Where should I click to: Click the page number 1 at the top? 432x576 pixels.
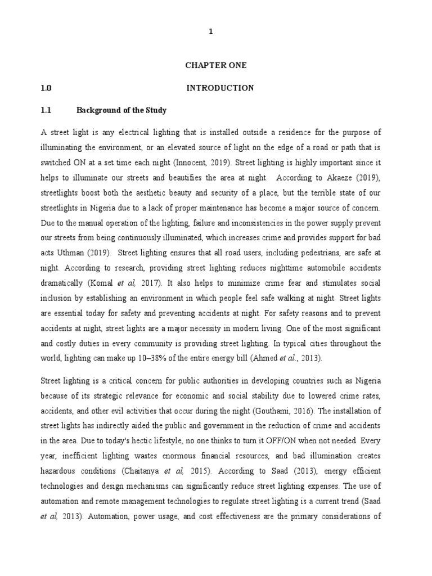click(x=211, y=32)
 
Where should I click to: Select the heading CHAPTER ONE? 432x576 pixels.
click(x=216, y=66)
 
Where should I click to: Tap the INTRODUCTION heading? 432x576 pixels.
click(x=220, y=88)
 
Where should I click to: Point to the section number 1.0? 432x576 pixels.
click(x=46, y=88)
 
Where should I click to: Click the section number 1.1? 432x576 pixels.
click(x=46, y=110)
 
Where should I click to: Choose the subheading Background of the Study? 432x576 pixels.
click(x=121, y=110)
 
